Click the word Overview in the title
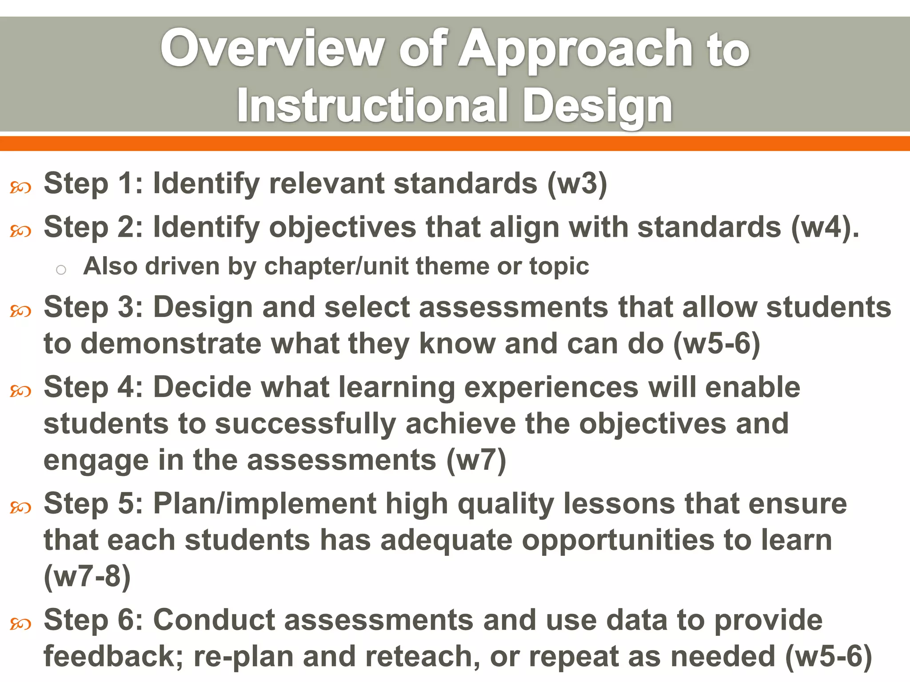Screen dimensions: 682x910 click(x=272, y=48)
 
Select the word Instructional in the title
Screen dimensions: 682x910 click(x=372, y=106)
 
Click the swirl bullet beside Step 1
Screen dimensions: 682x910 click(x=20, y=188)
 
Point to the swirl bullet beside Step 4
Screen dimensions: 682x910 click(x=20, y=391)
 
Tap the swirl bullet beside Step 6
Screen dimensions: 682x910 click(x=20, y=624)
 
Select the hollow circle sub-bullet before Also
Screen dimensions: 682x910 click(x=61, y=270)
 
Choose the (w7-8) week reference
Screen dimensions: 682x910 click(x=87, y=576)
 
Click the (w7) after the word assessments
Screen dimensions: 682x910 click(x=476, y=460)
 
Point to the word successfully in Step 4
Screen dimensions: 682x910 click(x=305, y=424)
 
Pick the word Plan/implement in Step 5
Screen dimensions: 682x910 click(x=265, y=504)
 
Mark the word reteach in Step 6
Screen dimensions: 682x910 click(x=420, y=656)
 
